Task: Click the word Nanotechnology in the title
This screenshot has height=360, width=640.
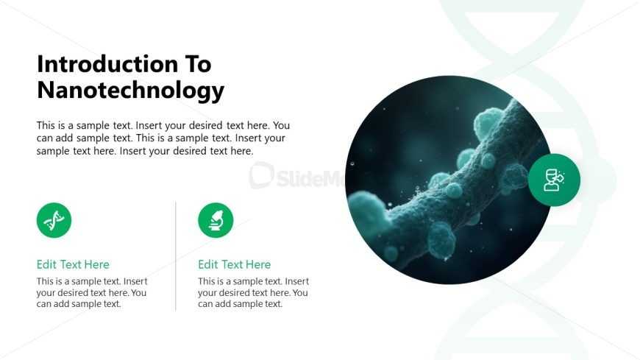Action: click(130, 91)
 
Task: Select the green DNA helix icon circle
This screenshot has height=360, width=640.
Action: click(54, 220)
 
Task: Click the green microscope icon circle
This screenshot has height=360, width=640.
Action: click(216, 220)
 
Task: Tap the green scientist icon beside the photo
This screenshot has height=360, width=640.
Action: click(554, 180)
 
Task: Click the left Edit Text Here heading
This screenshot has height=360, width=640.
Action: click(73, 264)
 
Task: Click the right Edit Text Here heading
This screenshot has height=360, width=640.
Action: click(234, 264)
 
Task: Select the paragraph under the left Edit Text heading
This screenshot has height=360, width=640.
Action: click(92, 292)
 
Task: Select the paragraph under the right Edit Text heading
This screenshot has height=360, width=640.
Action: click(253, 292)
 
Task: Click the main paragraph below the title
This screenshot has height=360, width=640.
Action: click(163, 138)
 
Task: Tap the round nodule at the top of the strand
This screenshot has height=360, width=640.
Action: click(487, 121)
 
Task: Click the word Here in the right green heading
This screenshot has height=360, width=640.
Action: click(257, 264)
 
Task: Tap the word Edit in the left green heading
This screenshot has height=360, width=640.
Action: click(47, 264)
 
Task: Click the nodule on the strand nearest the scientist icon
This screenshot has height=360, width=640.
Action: click(516, 177)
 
